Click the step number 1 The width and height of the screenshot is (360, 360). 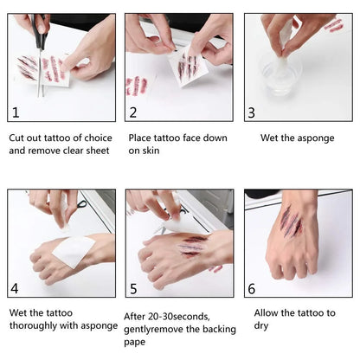pyautogui.click(x=16, y=112)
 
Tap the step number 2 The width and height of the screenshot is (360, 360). pyautogui.click(x=133, y=112)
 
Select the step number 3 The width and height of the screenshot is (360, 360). pyautogui.click(x=252, y=112)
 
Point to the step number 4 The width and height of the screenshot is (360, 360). pyautogui.click(x=15, y=288)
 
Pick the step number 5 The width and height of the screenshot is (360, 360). pyautogui.click(x=133, y=289)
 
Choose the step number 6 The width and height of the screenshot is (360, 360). pyautogui.click(x=252, y=289)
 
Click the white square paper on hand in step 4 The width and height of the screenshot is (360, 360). pyautogui.click(x=74, y=252)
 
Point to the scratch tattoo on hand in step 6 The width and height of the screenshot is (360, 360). pyautogui.click(x=291, y=222)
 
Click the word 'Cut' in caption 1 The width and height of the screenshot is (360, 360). pyautogui.click(x=16, y=138)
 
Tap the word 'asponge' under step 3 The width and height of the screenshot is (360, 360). pyautogui.click(x=316, y=138)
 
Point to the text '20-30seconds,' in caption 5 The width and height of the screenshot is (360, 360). pyautogui.click(x=179, y=317)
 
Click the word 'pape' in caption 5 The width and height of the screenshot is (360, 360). pyautogui.click(x=135, y=343)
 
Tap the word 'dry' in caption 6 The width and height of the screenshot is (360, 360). pyautogui.click(x=261, y=326)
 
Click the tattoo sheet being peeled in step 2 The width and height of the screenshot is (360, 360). pyautogui.click(x=188, y=66)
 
